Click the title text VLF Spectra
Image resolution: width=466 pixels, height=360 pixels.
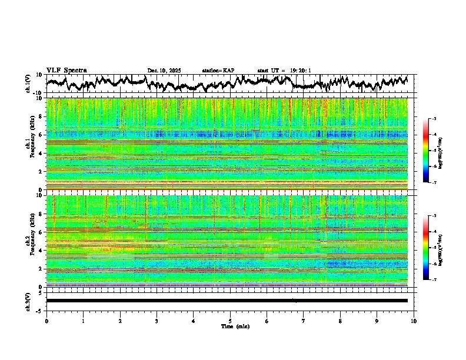(66, 70)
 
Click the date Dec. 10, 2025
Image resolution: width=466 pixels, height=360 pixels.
(164, 71)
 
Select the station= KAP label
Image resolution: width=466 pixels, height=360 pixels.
(218, 71)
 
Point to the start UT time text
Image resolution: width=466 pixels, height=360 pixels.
(284, 71)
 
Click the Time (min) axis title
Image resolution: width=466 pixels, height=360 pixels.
(230, 326)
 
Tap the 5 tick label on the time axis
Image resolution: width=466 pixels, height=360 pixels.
(230, 321)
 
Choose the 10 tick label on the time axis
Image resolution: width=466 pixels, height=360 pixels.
(414, 321)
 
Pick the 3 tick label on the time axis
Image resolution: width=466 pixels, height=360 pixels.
(157, 321)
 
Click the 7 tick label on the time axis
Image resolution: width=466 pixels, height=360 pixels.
(304, 321)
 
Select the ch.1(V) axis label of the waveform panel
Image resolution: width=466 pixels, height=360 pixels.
(28, 84)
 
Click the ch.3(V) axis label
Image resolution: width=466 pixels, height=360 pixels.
(28, 301)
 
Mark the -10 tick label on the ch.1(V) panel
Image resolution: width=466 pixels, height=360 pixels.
(38, 93)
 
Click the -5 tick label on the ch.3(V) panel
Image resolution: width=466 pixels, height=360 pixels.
(39, 309)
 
